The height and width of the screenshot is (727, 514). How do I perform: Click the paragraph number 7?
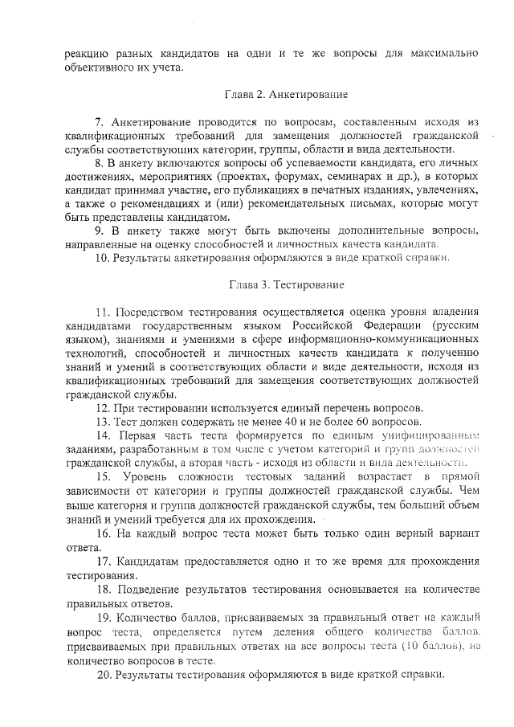point(100,122)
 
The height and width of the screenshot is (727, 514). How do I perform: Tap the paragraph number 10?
point(102,258)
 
